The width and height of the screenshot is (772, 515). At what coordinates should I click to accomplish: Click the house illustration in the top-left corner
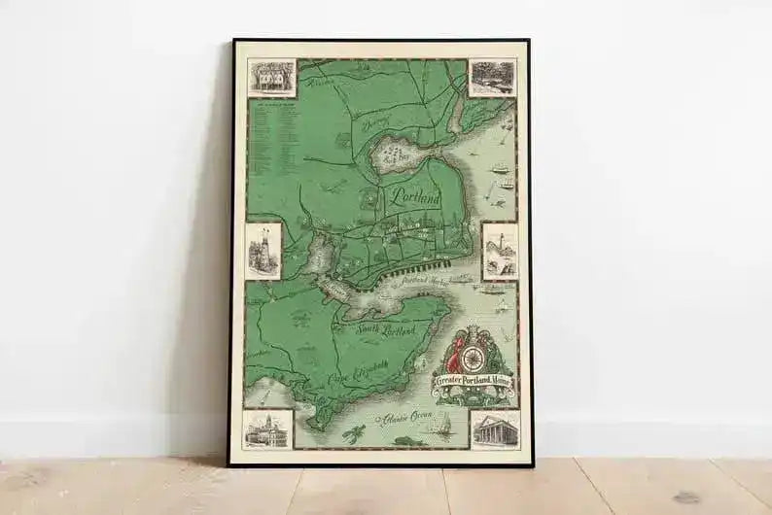(271, 78)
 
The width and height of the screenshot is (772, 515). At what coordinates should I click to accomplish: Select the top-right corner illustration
(493, 78)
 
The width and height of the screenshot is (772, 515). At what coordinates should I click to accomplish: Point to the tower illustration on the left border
(263, 250)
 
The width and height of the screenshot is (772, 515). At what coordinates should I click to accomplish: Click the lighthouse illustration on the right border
(500, 251)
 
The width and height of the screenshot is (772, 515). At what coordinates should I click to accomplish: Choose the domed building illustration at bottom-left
(267, 428)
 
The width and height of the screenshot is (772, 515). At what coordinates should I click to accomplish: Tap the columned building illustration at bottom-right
(495, 429)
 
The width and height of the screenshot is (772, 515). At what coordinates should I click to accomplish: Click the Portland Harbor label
(435, 282)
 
